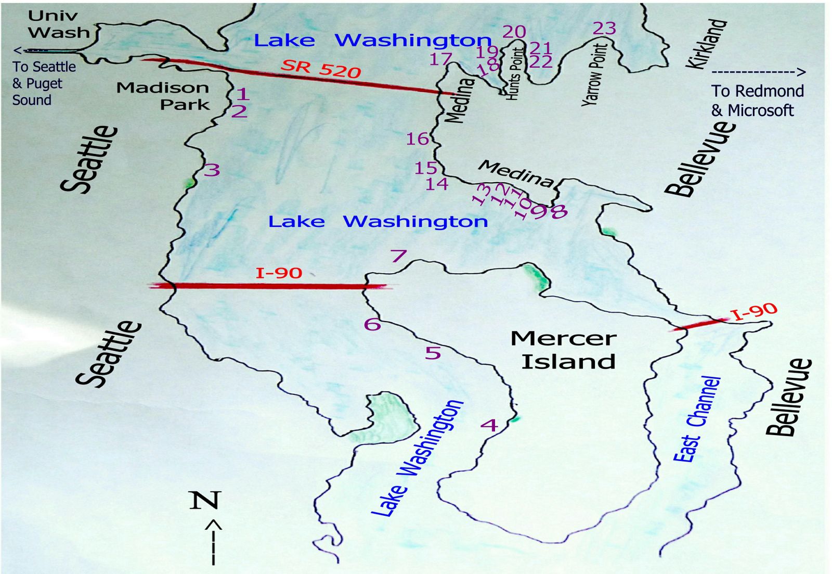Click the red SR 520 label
(321, 68)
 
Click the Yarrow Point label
(594, 75)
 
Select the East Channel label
(697, 419)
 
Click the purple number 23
(604, 28)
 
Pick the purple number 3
(212, 170)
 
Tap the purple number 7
(398, 256)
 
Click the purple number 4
(489, 425)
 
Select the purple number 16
(417, 139)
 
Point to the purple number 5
(433, 353)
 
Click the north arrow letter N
(205, 500)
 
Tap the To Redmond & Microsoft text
(757, 100)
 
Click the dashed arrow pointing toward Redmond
(758, 72)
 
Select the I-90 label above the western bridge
(279, 273)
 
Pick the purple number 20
(514, 32)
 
